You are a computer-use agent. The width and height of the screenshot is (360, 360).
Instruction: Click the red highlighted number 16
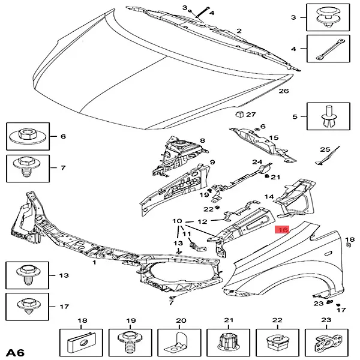coord(282,229)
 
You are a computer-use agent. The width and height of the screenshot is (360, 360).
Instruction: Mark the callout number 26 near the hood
coord(284,91)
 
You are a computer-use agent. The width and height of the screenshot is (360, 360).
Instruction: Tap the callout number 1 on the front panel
coord(94,262)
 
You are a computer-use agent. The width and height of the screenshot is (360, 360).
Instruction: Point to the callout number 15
coord(274,137)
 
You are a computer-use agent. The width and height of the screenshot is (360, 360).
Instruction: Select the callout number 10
coord(178,221)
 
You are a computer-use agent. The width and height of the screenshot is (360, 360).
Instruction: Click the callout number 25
coord(325,149)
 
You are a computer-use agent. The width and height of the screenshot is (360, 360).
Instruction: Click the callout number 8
coord(202,141)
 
